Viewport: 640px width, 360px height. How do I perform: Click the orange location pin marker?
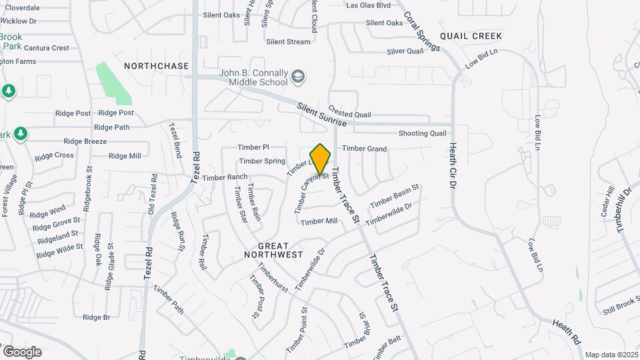(x=321, y=159)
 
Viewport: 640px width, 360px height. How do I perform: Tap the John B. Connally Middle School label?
(x=254, y=77)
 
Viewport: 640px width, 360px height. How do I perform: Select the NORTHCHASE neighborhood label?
(x=157, y=66)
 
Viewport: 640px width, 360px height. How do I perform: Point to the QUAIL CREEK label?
(x=470, y=35)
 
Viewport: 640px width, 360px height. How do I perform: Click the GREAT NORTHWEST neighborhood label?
(x=273, y=250)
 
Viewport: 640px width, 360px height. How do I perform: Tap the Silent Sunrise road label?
(x=322, y=113)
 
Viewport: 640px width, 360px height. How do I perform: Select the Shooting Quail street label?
(x=422, y=133)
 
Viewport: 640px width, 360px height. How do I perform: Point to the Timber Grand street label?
(x=364, y=149)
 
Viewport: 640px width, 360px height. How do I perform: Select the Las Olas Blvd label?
(x=369, y=5)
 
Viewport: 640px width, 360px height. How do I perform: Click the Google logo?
(x=21, y=351)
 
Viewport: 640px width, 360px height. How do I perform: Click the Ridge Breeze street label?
(x=85, y=141)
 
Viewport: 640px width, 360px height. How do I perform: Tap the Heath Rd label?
(x=566, y=331)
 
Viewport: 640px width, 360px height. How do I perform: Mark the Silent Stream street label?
(x=288, y=41)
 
